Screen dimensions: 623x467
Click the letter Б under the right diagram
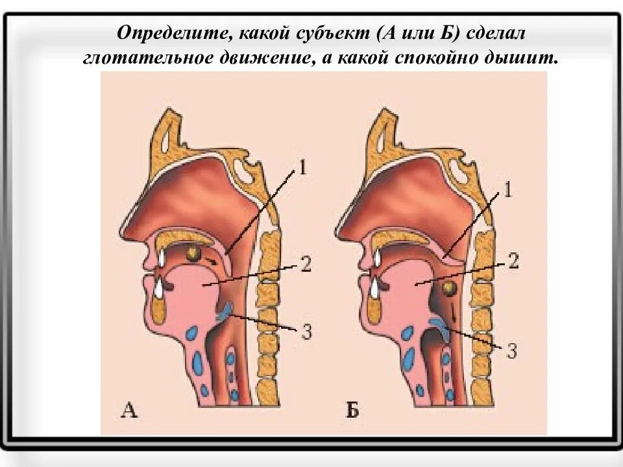[x=352, y=409]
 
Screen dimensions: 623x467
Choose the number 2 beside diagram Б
[x=513, y=261]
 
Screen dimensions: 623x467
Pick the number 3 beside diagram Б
[x=511, y=351]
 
